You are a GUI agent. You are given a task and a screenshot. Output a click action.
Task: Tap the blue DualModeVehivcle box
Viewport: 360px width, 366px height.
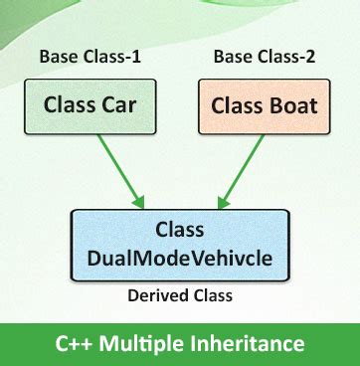(179, 245)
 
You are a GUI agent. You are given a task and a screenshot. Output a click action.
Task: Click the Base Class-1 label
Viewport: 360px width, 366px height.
(90, 57)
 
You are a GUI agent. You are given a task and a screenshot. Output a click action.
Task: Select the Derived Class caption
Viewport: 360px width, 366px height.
(179, 295)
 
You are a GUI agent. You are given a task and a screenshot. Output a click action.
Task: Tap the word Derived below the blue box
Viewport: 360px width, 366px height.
(156, 295)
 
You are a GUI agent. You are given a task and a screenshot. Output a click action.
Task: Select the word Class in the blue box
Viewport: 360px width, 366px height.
(179, 231)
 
